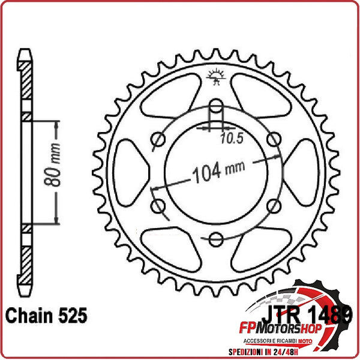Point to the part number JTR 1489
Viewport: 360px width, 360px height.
tap(305, 316)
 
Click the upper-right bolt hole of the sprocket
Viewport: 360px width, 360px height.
tap(274, 140)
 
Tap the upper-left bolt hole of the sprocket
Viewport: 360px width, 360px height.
tap(158, 140)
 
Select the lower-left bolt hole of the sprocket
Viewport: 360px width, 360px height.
tap(158, 206)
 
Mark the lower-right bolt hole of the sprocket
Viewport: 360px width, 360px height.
tap(274, 206)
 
